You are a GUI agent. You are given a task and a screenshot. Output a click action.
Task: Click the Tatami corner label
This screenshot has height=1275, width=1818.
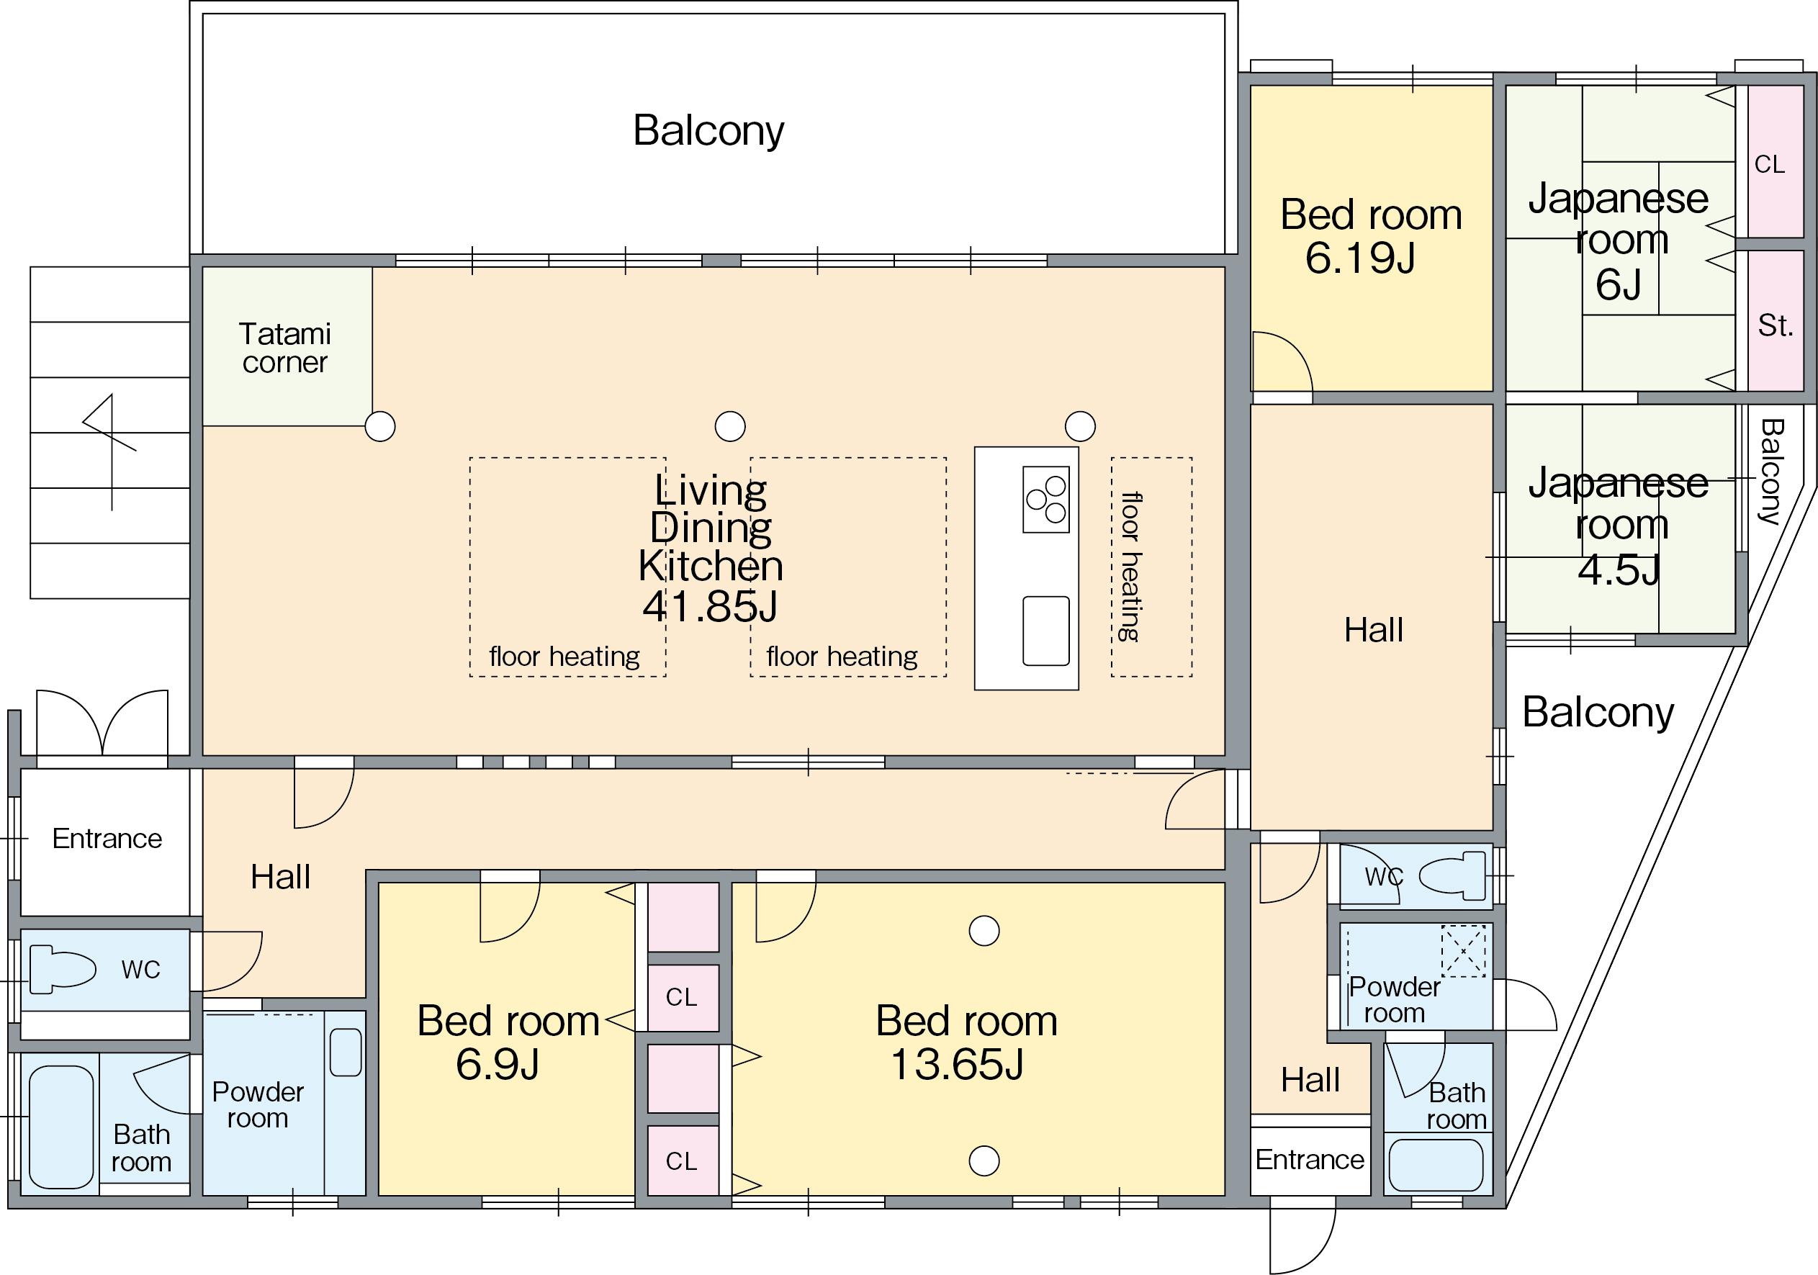(285, 348)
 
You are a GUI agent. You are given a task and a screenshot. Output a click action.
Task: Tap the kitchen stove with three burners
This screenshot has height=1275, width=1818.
(1046, 499)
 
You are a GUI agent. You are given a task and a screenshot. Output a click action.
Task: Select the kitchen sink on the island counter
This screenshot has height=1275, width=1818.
(1046, 631)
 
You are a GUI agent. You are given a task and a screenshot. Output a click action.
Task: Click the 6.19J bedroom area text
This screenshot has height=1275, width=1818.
(1359, 258)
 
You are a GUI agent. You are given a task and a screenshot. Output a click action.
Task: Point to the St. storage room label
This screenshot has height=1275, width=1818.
(1776, 325)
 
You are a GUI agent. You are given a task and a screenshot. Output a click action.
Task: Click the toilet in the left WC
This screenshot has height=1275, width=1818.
(63, 968)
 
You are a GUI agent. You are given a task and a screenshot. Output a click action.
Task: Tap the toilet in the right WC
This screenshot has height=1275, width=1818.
(1452, 876)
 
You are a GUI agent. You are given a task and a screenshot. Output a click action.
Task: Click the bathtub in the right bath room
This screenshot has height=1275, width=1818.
(1436, 1164)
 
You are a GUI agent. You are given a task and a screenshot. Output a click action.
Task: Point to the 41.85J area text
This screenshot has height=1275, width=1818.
(710, 607)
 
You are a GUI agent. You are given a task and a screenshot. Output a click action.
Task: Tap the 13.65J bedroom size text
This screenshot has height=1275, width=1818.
(958, 1064)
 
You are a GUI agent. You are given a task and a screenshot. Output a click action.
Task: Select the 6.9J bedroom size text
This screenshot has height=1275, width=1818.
(498, 1064)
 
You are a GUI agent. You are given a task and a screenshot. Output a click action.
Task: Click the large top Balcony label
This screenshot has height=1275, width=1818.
(708, 131)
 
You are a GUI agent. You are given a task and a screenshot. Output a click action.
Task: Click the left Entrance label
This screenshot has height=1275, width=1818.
(107, 839)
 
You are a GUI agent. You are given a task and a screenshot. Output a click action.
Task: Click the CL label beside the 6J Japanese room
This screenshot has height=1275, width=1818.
(1770, 164)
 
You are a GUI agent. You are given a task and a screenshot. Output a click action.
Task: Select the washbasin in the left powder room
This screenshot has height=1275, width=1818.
(345, 1052)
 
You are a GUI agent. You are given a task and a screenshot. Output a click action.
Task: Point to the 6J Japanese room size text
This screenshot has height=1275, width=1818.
(1619, 284)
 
